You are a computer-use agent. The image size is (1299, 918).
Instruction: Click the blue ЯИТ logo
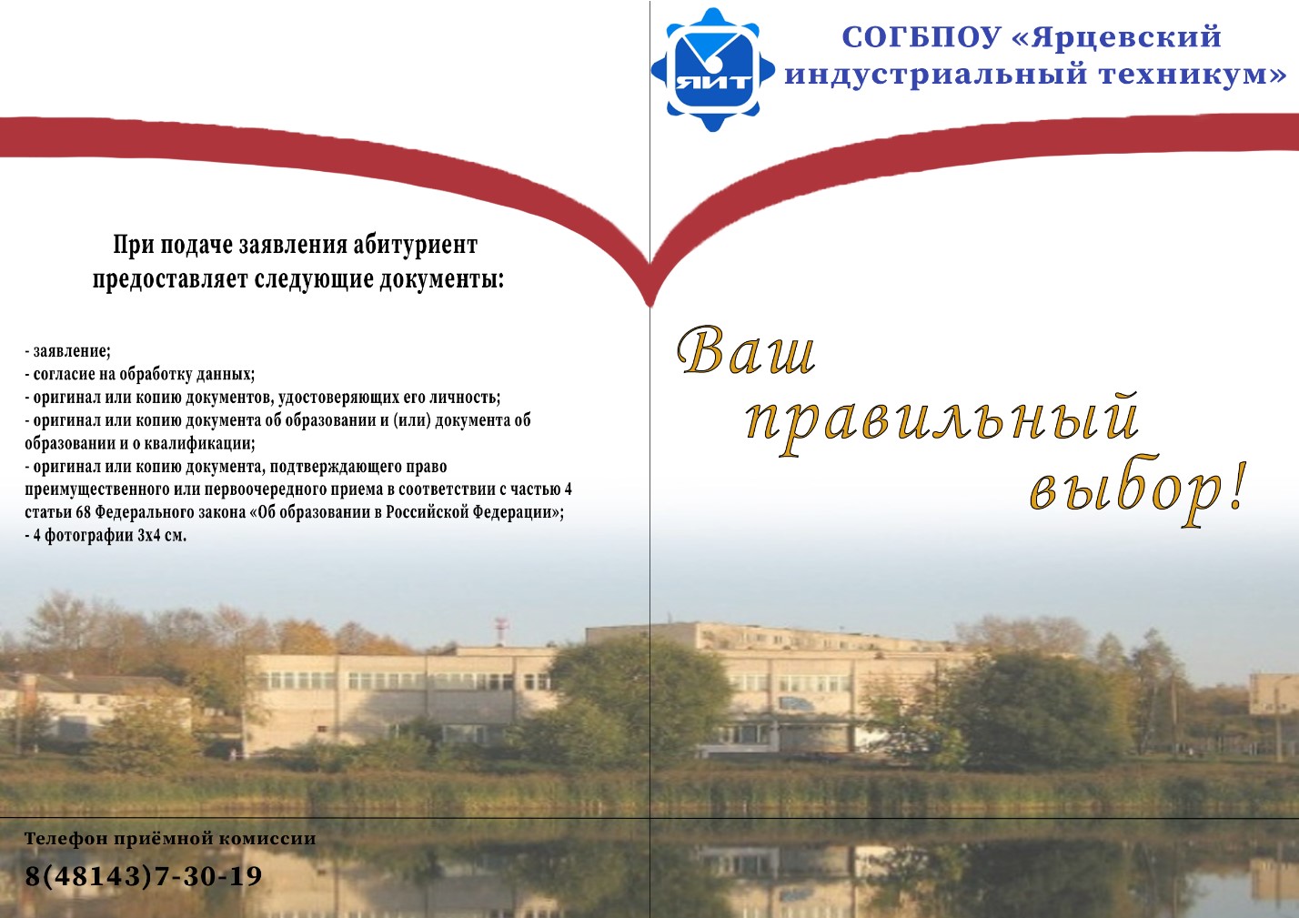pyautogui.click(x=712, y=69)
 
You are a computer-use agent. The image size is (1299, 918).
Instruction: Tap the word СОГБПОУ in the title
pyautogui.click(x=921, y=37)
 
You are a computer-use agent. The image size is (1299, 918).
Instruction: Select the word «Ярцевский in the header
pyautogui.click(x=1116, y=38)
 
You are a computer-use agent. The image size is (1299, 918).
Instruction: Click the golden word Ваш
pyautogui.click(x=747, y=350)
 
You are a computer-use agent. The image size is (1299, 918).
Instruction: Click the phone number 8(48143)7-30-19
pyautogui.click(x=143, y=875)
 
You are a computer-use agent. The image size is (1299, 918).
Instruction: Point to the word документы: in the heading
pyautogui.click(x=441, y=280)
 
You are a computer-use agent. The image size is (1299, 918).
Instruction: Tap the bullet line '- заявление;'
pyautogui.click(x=68, y=351)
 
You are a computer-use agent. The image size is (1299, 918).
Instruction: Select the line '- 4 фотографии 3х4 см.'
pyautogui.click(x=106, y=535)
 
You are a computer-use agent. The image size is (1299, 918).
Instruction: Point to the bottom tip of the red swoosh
pyautogui.click(x=649, y=306)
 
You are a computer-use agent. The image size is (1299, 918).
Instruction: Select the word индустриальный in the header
pyautogui.click(x=936, y=76)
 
